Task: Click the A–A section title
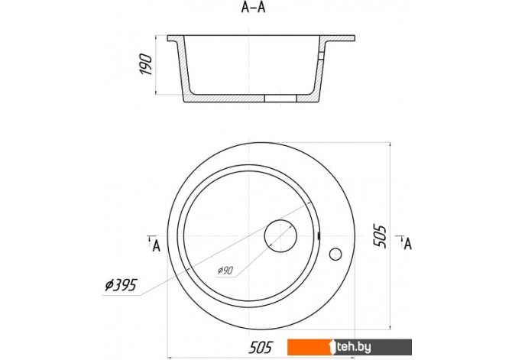click(253, 7)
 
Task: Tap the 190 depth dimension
click(146, 65)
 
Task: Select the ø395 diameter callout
click(121, 285)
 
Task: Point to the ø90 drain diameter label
click(225, 271)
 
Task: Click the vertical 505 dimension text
click(380, 236)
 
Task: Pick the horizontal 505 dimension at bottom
click(261, 347)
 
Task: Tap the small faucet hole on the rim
click(335, 255)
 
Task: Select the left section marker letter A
click(157, 245)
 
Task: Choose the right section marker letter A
click(407, 244)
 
